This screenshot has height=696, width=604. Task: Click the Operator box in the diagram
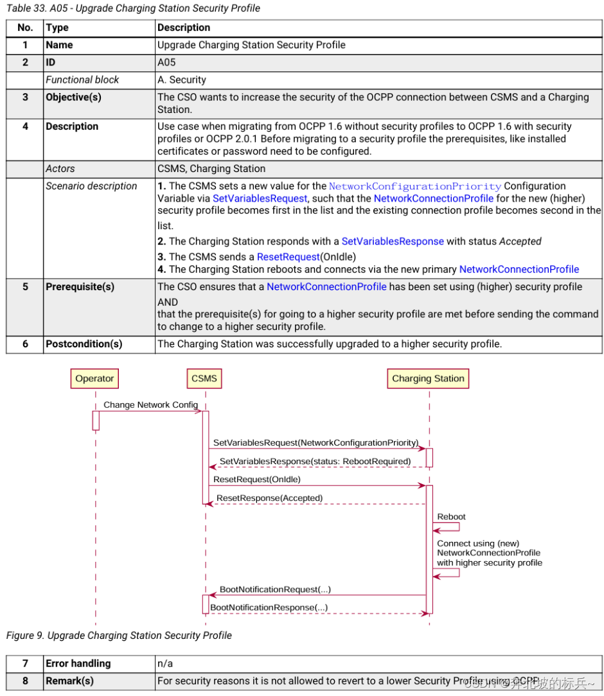point(94,379)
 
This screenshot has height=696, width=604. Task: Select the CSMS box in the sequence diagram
point(204,379)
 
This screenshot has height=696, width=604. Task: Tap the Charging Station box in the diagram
point(428,379)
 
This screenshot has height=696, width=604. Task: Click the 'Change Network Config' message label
point(151,405)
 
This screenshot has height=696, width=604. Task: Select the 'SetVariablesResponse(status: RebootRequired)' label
point(315,461)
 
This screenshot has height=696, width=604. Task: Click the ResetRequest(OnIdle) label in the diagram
point(257,479)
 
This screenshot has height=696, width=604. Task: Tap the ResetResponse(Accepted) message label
point(269,498)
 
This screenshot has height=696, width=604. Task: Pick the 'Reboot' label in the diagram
point(451,517)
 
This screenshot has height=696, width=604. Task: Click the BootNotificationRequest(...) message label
point(275,589)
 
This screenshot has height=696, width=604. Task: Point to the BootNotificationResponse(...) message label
point(269,607)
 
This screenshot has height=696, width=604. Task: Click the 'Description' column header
point(184,28)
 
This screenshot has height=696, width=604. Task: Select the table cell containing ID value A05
point(166,62)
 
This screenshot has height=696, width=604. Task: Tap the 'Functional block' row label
point(82,80)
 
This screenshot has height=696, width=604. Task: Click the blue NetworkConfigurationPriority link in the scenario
point(414,186)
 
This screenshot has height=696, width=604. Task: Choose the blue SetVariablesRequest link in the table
point(260,198)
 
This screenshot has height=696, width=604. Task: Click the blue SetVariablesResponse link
point(393,241)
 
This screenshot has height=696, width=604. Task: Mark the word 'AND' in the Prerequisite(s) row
point(168,302)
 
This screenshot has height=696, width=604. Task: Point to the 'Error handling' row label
point(78,663)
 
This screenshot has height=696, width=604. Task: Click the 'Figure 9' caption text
point(119,635)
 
